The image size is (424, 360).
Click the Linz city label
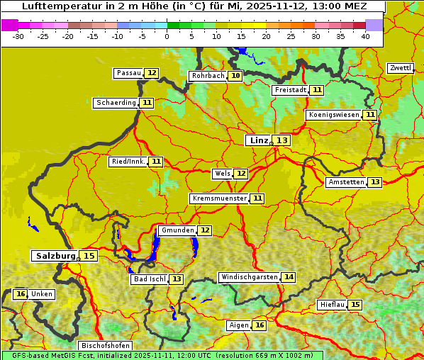[x=259, y=140]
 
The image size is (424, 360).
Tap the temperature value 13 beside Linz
[x=282, y=140]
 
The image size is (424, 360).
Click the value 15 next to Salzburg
[x=89, y=256]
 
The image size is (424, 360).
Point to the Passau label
[x=129, y=73]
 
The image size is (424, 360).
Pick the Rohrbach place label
[x=208, y=76]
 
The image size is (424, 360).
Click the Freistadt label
[x=290, y=90]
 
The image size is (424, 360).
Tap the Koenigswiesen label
[x=334, y=115]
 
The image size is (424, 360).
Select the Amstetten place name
[x=346, y=182]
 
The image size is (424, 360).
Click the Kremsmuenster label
[x=219, y=198]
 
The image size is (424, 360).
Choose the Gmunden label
[x=177, y=230]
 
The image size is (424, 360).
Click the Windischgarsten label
[x=249, y=277]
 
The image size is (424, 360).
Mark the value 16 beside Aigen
[x=260, y=325]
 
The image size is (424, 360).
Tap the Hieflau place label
[x=333, y=305]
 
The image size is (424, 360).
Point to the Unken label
[x=42, y=294]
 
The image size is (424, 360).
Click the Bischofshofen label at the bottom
[x=105, y=346]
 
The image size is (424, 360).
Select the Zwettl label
[x=400, y=68]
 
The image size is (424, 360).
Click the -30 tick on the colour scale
[x=19, y=35]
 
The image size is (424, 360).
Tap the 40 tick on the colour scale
[x=365, y=35]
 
